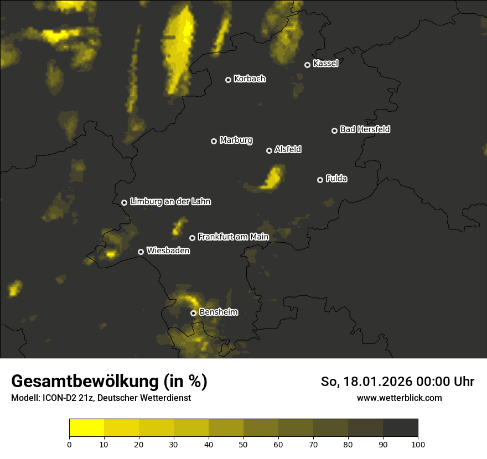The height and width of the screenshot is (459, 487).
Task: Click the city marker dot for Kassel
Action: pos(307,65)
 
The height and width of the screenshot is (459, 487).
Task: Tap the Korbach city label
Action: pos(250,79)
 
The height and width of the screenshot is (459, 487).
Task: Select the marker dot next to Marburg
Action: pos(214,141)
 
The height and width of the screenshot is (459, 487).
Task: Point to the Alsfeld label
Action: pos(288,149)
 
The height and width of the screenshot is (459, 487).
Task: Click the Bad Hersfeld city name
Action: pos(365,129)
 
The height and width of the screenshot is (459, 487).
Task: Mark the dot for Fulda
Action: pos(320,180)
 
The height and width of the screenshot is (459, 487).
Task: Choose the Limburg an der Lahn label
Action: pos(170,202)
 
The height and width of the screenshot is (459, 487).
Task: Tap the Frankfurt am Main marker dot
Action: pos(192,238)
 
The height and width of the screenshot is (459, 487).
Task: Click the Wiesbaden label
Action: pos(168,251)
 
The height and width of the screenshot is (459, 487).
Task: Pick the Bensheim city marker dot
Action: pos(193,313)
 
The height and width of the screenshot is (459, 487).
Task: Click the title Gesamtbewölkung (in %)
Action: pos(109,382)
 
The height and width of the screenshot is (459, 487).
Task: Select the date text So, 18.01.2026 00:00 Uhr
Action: pos(397,382)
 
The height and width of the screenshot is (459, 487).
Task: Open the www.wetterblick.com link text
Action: pos(399,398)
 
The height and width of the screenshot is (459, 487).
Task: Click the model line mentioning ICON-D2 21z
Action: pos(101,398)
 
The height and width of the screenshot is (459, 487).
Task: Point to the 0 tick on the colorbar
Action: pos(69,444)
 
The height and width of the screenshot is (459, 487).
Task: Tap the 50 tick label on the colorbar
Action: pos(244,444)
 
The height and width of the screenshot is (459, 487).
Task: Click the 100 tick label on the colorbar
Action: pos(418,444)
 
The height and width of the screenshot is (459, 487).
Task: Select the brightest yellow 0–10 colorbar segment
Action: pos(86,427)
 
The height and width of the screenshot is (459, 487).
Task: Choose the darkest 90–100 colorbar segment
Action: pos(400,427)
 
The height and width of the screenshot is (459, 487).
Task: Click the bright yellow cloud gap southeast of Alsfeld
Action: pos(271,179)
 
